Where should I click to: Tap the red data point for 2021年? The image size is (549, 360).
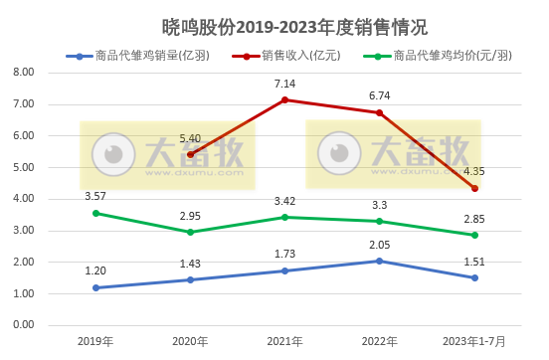click(x=285, y=99)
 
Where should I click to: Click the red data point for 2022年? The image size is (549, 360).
click(x=379, y=112)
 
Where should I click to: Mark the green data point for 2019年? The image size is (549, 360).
click(x=96, y=213)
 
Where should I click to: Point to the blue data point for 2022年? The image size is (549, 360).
click(x=379, y=261)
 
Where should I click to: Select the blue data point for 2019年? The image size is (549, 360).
click(x=96, y=287)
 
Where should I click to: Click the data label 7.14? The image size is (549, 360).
click(x=285, y=83)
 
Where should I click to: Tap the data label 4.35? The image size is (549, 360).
click(x=474, y=171)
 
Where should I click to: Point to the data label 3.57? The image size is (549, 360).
click(x=96, y=196)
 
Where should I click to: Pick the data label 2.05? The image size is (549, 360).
click(x=379, y=244)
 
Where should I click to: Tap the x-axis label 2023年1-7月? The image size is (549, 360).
click(x=474, y=341)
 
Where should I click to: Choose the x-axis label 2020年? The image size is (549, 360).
click(x=191, y=341)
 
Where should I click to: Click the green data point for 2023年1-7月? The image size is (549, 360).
click(x=474, y=235)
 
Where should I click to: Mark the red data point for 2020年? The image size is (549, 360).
click(x=191, y=154)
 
